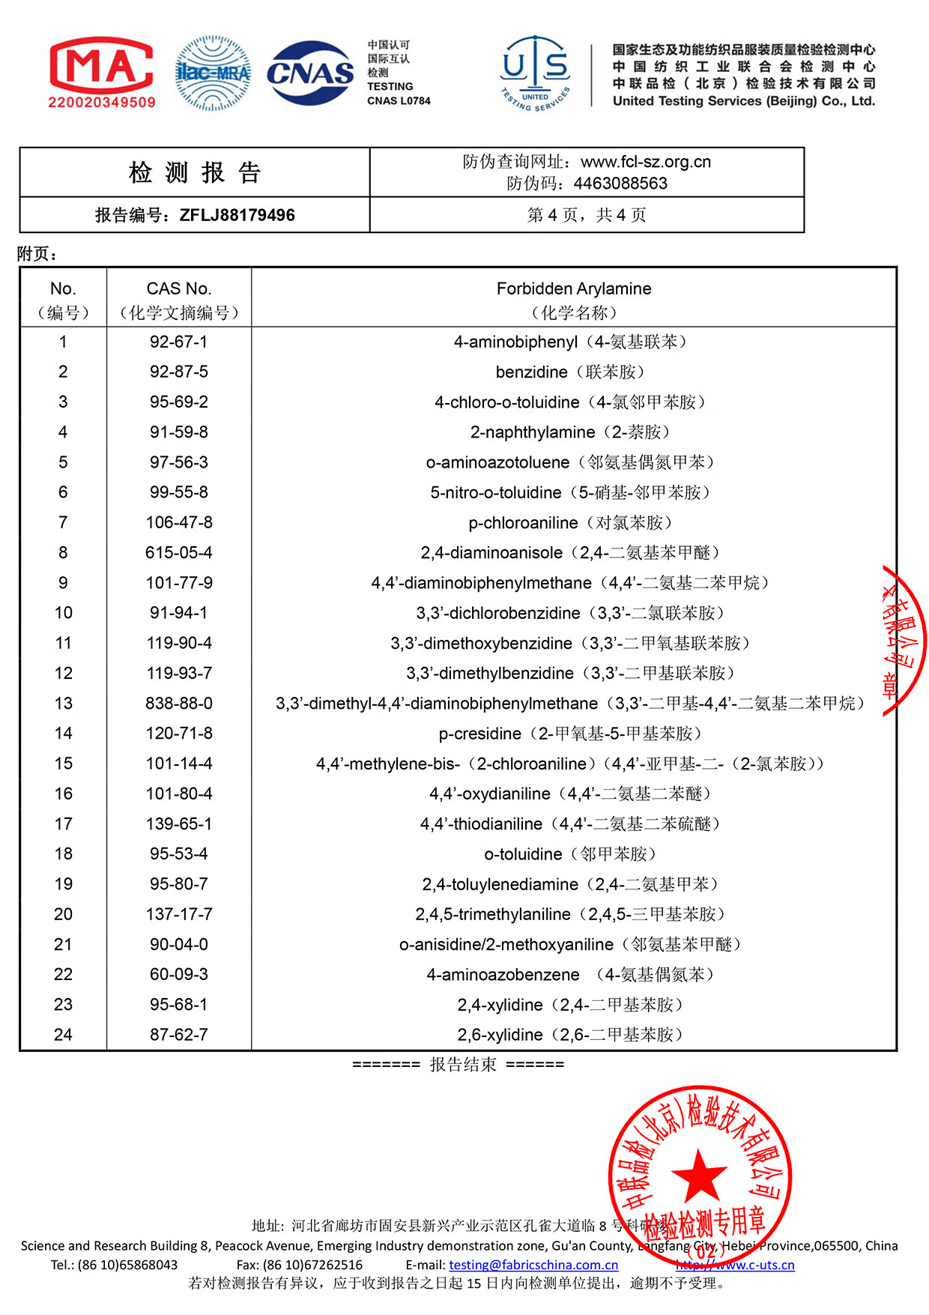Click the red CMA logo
(x=102, y=73)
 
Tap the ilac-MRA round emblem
(x=213, y=73)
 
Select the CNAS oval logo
(x=310, y=73)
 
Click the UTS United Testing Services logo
(x=535, y=73)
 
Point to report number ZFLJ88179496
(x=237, y=216)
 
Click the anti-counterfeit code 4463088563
(x=620, y=184)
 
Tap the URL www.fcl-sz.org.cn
(x=645, y=162)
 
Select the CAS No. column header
(x=178, y=299)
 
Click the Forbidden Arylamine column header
(x=574, y=299)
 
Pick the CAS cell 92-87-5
(x=178, y=372)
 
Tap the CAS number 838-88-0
(x=178, y=704)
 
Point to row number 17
(x=63, y=824)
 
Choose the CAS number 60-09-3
(x=178, y=975)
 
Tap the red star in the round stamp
(x=699, y=1174)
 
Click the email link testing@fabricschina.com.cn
(x=533, y=1265)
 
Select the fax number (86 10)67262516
(x=312, y=1265)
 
